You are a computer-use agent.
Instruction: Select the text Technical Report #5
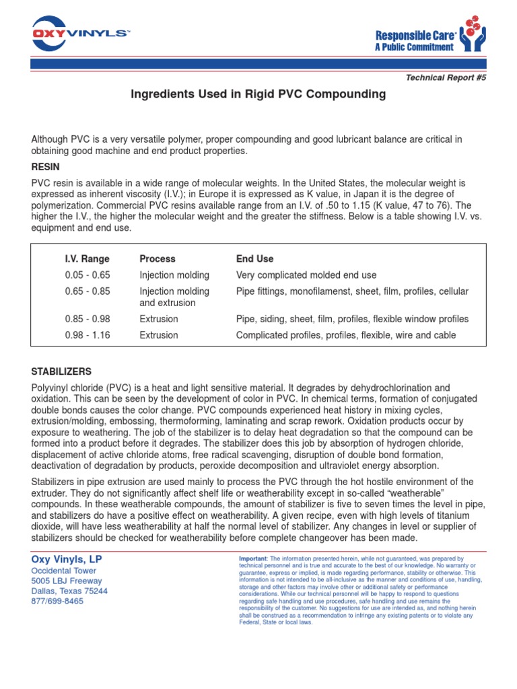(445, 77)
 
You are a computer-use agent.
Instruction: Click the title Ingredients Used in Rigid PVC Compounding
(258, 94)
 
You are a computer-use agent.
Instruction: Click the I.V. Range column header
(87, 259)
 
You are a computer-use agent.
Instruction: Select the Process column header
(157, 259)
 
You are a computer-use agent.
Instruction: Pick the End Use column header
(254, 259)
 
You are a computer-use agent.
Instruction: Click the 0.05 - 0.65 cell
(87, 275)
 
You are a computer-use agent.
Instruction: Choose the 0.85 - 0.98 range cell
(87, 319)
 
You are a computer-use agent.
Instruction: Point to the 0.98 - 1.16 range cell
(87, 335)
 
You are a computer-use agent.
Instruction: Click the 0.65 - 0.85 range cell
(87, 291)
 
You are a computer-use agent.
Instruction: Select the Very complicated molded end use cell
(306, 275)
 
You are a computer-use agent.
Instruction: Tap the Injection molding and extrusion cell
(174, 297)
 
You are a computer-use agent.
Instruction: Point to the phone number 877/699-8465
(58, 601)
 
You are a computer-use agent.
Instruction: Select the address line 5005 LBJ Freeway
(67, 581)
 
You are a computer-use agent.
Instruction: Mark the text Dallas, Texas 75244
(70, 591)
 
